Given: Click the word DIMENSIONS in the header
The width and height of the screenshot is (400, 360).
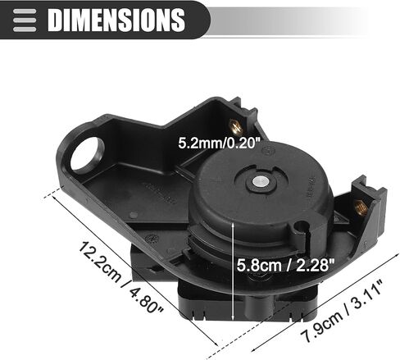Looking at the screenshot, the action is [116, 20].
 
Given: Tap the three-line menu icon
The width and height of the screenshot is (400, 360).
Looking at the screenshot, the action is [25, 21].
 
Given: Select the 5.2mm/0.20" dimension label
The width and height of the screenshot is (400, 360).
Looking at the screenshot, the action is [217, 143].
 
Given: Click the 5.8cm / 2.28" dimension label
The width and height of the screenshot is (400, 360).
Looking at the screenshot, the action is [285, 265].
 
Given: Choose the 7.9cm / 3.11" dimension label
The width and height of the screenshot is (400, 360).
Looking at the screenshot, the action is [343, 311].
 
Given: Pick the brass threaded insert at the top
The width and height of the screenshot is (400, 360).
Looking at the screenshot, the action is [235, 126].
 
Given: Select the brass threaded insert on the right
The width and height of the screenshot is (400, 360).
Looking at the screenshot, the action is [361, 207].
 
